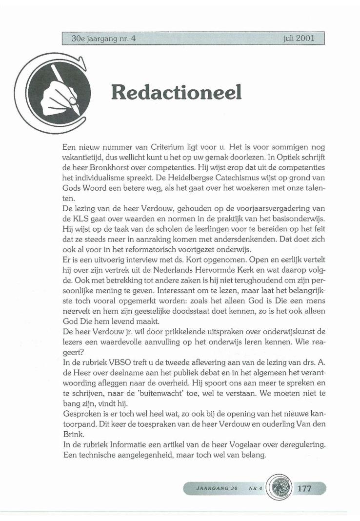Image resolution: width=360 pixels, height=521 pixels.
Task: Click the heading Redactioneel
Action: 176,91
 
